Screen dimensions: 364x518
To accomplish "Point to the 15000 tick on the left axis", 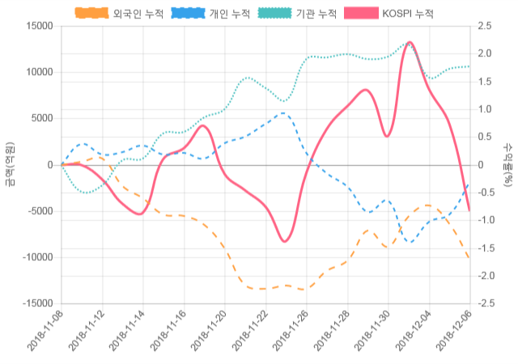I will coord(37,26).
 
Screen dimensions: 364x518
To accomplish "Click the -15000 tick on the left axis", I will coord(36,303).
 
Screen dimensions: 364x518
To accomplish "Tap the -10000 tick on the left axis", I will coord(36,257).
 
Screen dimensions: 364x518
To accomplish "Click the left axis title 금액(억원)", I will coord(10,164).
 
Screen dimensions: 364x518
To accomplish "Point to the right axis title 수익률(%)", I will coord(507,164).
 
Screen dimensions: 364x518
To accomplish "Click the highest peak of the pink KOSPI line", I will coord(410,42).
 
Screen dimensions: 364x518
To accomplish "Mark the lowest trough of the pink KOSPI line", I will coord(285,241).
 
